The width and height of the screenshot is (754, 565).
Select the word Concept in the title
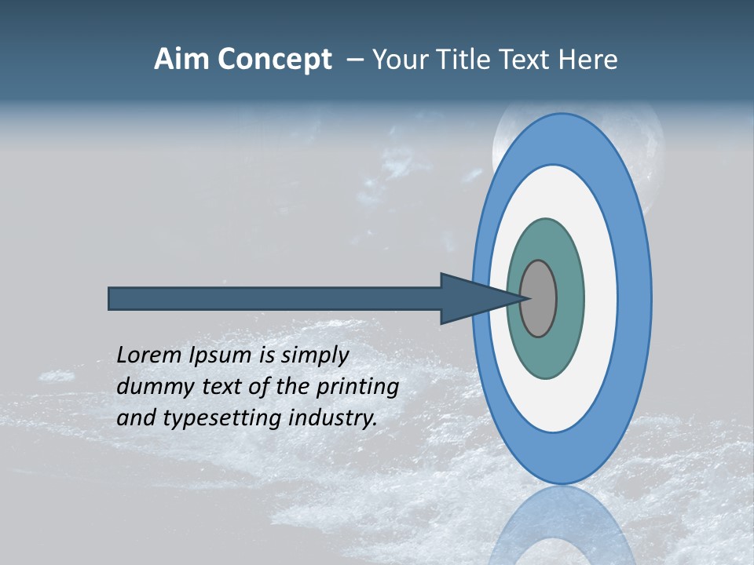[x=274, y=60]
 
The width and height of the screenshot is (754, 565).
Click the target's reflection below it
[x=562, y=526]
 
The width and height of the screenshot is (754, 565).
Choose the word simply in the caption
[x=315, y=355]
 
